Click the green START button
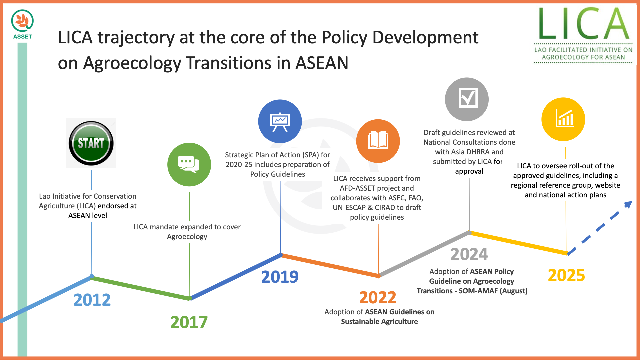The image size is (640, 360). coord(91,143)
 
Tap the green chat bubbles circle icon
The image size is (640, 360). coord(189,164)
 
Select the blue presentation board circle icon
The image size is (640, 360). coord(280,121)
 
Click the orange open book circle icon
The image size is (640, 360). coord(378,141)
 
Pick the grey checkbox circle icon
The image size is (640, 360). coord(467,99)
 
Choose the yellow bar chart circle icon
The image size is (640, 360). coord(563,119)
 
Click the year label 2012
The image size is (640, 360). coord(92,300)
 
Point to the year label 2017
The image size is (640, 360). coord(189,322)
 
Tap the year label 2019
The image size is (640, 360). coord(280,277)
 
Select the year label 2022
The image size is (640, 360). coord(378,297)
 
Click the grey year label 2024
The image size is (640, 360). coord(469,254)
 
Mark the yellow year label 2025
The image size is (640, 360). coord(566,275)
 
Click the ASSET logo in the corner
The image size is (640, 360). coord(22,24)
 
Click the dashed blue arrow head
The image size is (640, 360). coord(628,204)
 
